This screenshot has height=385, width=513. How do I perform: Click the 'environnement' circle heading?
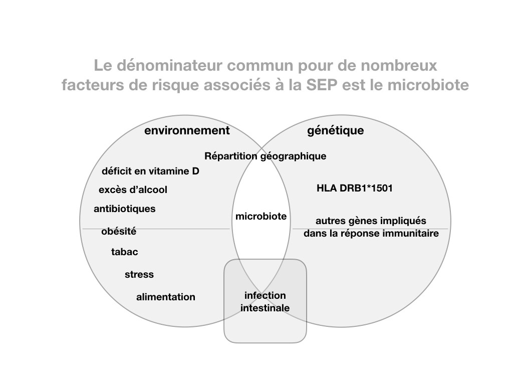[x=187, y=130]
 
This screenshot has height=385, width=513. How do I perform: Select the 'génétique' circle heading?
[x=335, y=131]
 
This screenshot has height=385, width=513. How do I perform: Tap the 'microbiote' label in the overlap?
[x=261, y=216]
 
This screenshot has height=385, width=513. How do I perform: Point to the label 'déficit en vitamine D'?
[x=150, y=171]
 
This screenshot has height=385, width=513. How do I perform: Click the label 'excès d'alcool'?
[x=133, y=189]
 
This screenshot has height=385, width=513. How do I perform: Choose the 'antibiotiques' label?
[x=125, y=209]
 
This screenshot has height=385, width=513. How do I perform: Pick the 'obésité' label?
[x=119, y=231]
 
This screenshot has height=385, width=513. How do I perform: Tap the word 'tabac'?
[x=125, y=252]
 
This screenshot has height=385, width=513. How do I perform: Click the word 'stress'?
[x=139, y=274]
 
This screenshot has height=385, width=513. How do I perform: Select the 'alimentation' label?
[x=166, y=297]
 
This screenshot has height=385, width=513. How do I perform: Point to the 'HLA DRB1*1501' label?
[x=355, y=188]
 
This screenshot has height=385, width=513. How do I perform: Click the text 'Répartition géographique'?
[x=266, y=156]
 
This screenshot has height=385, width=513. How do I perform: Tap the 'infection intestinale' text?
[x=265, y=301]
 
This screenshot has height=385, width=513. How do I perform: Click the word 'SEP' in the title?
[x=322, y=85]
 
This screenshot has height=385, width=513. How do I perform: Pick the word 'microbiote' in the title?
[x=428, y=85]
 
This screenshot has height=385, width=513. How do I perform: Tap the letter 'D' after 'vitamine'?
[x=196, y=171]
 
